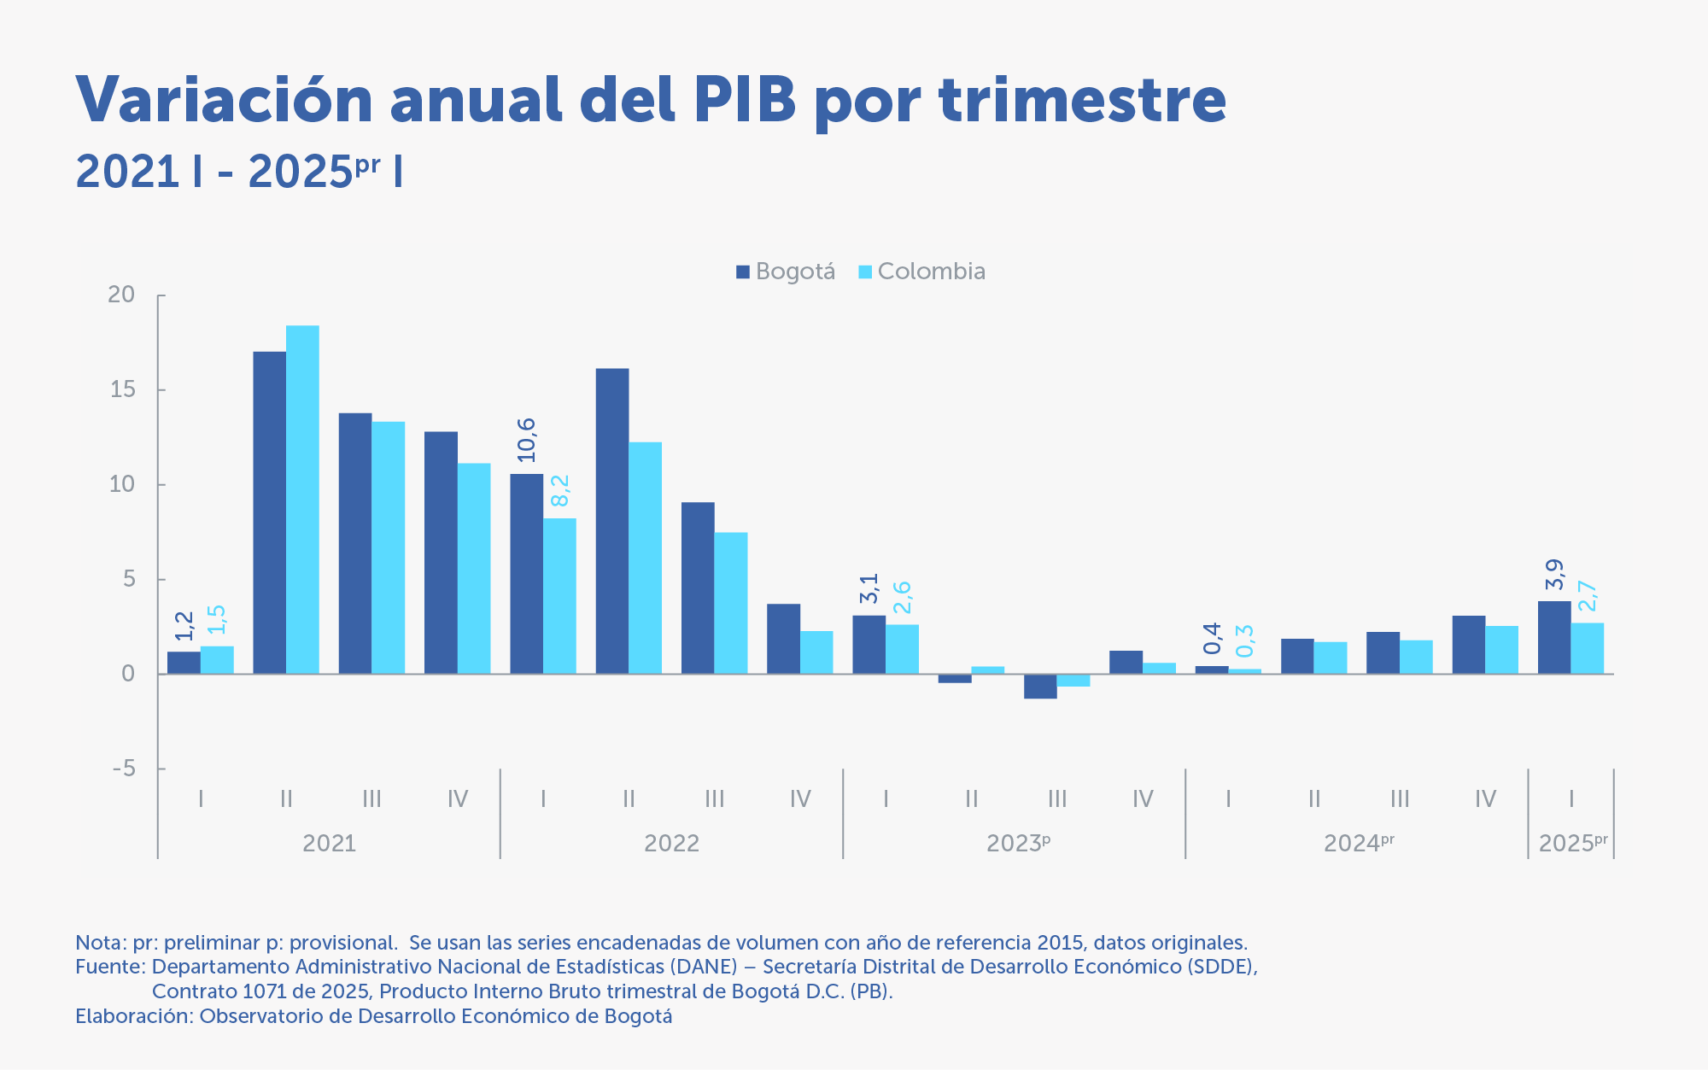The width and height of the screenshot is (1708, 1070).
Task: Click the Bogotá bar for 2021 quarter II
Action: coord(269,512)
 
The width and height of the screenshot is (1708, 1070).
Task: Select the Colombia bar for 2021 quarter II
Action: coord(302,500)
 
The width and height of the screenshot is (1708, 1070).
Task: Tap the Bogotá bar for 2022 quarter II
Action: coord(612,521)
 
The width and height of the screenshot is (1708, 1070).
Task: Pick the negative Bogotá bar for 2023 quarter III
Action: coord(1040,687)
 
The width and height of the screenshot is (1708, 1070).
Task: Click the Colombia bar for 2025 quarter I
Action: coord(1588,648)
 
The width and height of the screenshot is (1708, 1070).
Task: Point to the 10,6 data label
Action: coord(527,440)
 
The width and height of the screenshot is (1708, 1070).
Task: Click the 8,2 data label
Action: coord(560,490)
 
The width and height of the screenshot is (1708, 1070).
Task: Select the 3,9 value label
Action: coord(1554,574)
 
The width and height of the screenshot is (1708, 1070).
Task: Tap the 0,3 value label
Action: coord(1245,640)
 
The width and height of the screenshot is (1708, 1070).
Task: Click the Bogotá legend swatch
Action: coord(743,272)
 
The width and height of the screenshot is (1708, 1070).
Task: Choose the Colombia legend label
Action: coord(931,272)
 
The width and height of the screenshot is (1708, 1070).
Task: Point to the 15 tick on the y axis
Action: coord(122,389)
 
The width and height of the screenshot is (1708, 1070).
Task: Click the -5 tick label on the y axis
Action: coord(124,769)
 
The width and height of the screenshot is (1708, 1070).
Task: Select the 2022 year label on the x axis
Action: coord(671,844)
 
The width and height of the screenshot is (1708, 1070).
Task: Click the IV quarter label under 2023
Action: coord(1143,799)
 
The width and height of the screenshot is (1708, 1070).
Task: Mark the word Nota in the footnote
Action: coord(98,943)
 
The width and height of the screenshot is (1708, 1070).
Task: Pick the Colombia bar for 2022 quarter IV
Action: coord(816,652)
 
